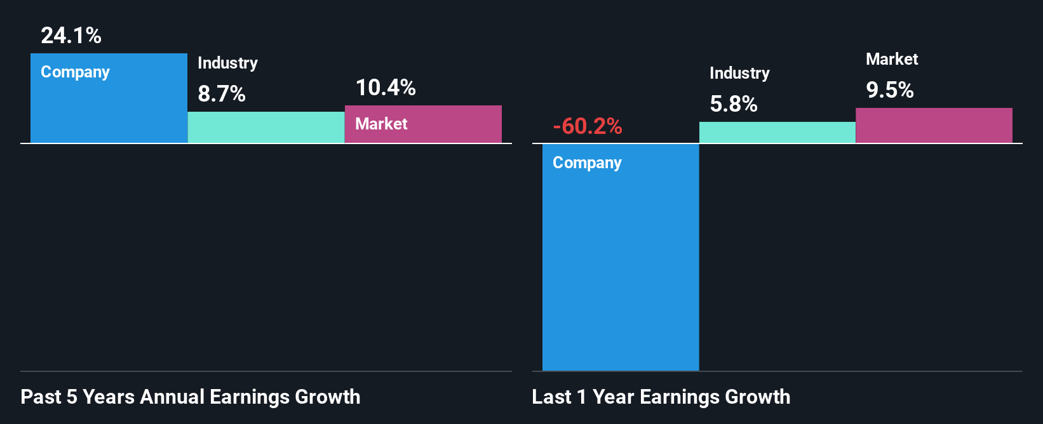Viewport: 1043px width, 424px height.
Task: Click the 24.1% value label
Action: [x=71, y=36]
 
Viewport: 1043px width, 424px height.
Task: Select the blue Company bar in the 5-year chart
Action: [x=109, y=108]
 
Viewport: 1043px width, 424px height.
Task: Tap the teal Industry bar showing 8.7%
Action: [x=266, y=128]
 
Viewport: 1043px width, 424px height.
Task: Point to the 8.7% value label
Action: [x=222, y=94]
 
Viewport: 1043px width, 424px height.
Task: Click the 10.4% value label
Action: [x=386, y=88]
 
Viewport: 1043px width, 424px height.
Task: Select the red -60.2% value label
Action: [x=588, y=126]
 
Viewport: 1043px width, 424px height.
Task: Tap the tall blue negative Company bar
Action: [x=621, y=267]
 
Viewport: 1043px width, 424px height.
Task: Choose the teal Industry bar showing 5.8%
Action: [x=777, y=133]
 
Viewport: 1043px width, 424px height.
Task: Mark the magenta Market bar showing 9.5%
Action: [x=934, y=126]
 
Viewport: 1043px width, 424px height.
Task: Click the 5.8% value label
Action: [x=734, y=104]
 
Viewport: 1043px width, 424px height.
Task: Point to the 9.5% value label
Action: [x=890, y=90]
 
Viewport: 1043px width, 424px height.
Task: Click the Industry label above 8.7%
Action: [x=227, y=63]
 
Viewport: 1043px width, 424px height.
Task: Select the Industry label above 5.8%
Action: [x=739, y=73]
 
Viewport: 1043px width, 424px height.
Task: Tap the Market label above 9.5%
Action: [x=892, y=59]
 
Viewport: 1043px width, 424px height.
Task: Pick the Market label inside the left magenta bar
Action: [x=381, y=124]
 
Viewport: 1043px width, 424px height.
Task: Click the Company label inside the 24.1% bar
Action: [x=75, y=72]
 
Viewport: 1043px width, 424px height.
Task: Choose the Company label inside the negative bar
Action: [x=587, y=162]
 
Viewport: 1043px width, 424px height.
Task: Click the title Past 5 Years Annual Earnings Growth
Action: [x=191, y=397]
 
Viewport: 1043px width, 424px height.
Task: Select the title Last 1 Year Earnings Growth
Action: [x=661, y=397]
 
